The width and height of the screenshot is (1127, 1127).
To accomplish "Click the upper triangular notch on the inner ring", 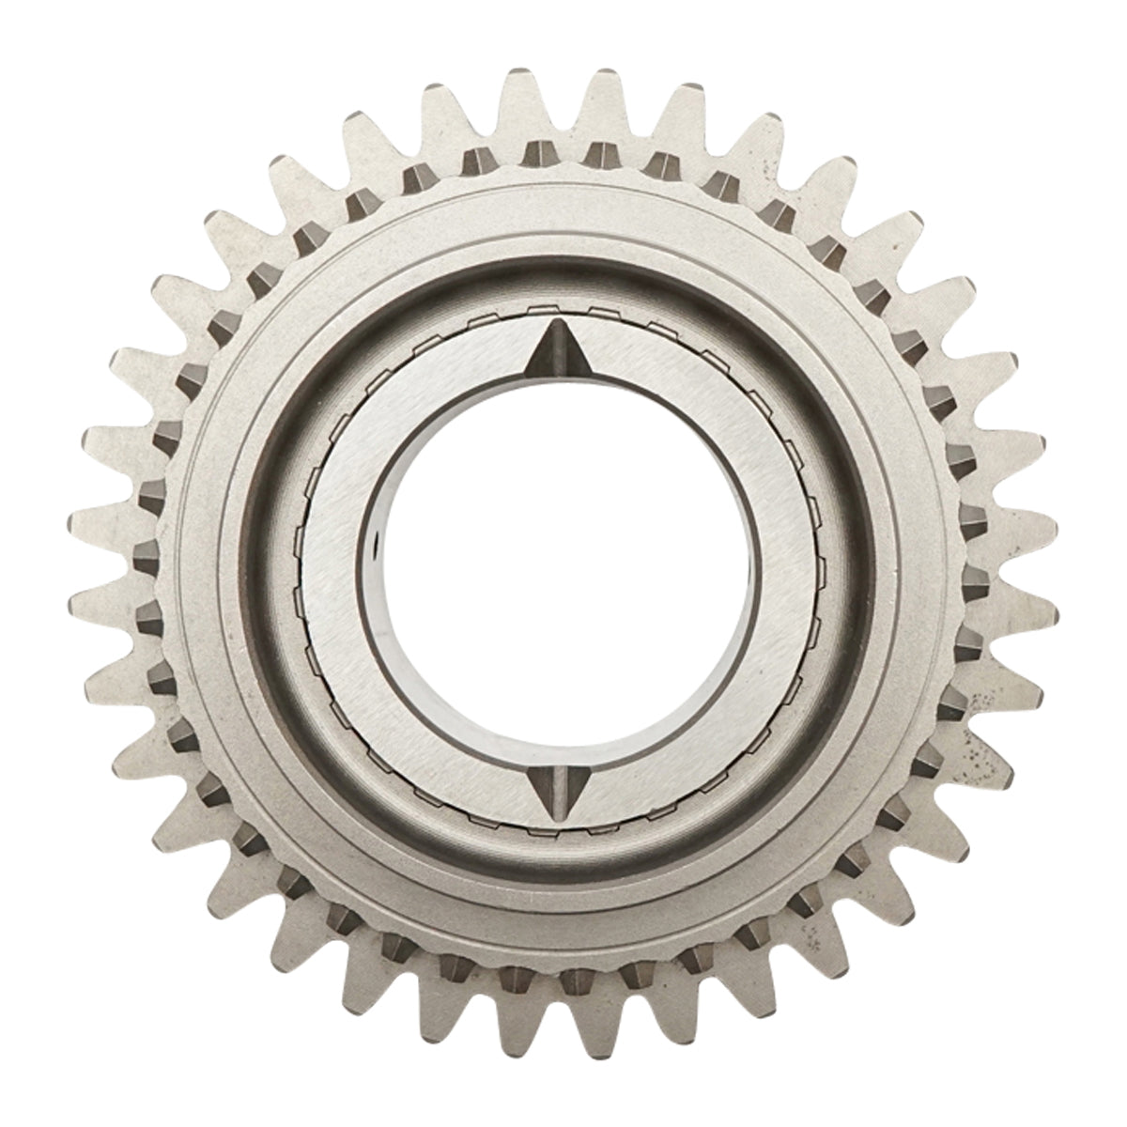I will tap(553, 348).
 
